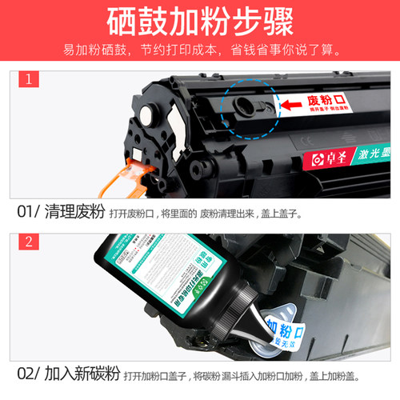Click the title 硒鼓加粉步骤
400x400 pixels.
(200, 21)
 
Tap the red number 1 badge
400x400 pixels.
(28, 78)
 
